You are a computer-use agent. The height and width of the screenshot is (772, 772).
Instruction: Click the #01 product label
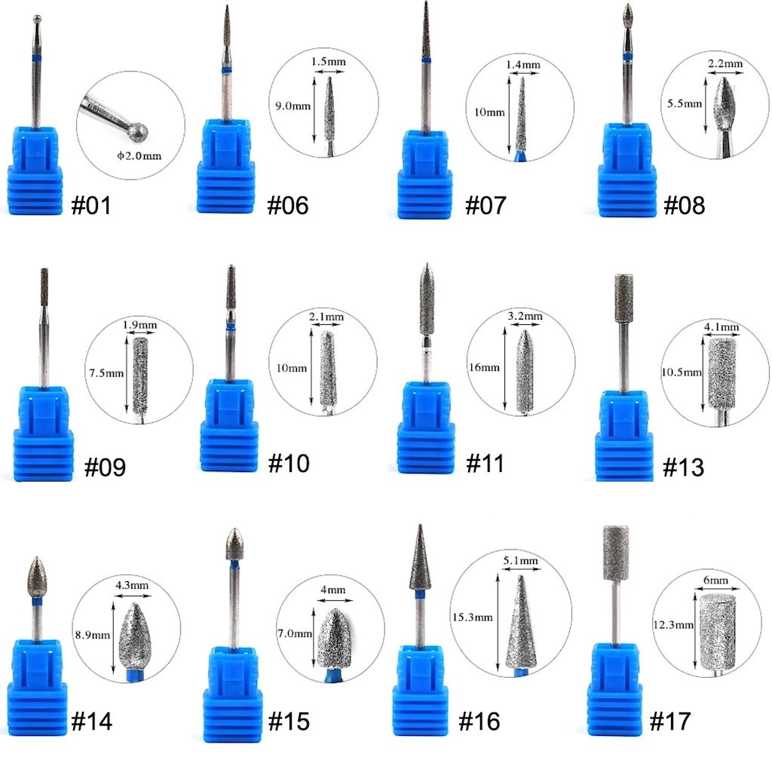click(91, 205)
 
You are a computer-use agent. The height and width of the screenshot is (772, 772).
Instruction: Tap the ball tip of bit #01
click(37, 19)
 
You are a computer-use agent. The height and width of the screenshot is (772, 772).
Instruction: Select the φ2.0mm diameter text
click(139, 155)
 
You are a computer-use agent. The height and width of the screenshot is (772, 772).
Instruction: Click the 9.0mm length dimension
click(293, 106)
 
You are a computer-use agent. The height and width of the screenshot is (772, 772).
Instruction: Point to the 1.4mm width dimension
click(523, 65)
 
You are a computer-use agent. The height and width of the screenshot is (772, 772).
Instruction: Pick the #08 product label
click(685, 205)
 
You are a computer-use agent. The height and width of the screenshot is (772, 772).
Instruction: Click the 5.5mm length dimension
click(685, 103)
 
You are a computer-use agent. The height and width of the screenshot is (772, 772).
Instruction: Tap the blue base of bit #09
click(43, 433)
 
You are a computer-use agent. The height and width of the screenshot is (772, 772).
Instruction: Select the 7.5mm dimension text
click(106, 372)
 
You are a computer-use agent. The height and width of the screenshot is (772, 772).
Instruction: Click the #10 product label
click(289, 464)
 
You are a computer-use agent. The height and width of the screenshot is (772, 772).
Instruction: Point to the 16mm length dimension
click(484, 367)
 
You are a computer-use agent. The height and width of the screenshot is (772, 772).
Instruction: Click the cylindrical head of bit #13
click(623, 299)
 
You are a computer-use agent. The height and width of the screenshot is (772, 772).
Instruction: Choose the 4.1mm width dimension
click(721, 327)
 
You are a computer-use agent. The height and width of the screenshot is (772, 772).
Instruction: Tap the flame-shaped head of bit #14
click(36, 577)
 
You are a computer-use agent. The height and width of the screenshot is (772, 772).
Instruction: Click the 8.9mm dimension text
click(93, 635)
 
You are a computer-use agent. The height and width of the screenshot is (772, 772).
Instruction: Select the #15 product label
click(289, 721)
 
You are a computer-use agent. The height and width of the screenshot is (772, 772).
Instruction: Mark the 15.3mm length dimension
click(472, 617)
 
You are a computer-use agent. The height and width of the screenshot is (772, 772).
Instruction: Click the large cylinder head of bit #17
click(615, 553)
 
